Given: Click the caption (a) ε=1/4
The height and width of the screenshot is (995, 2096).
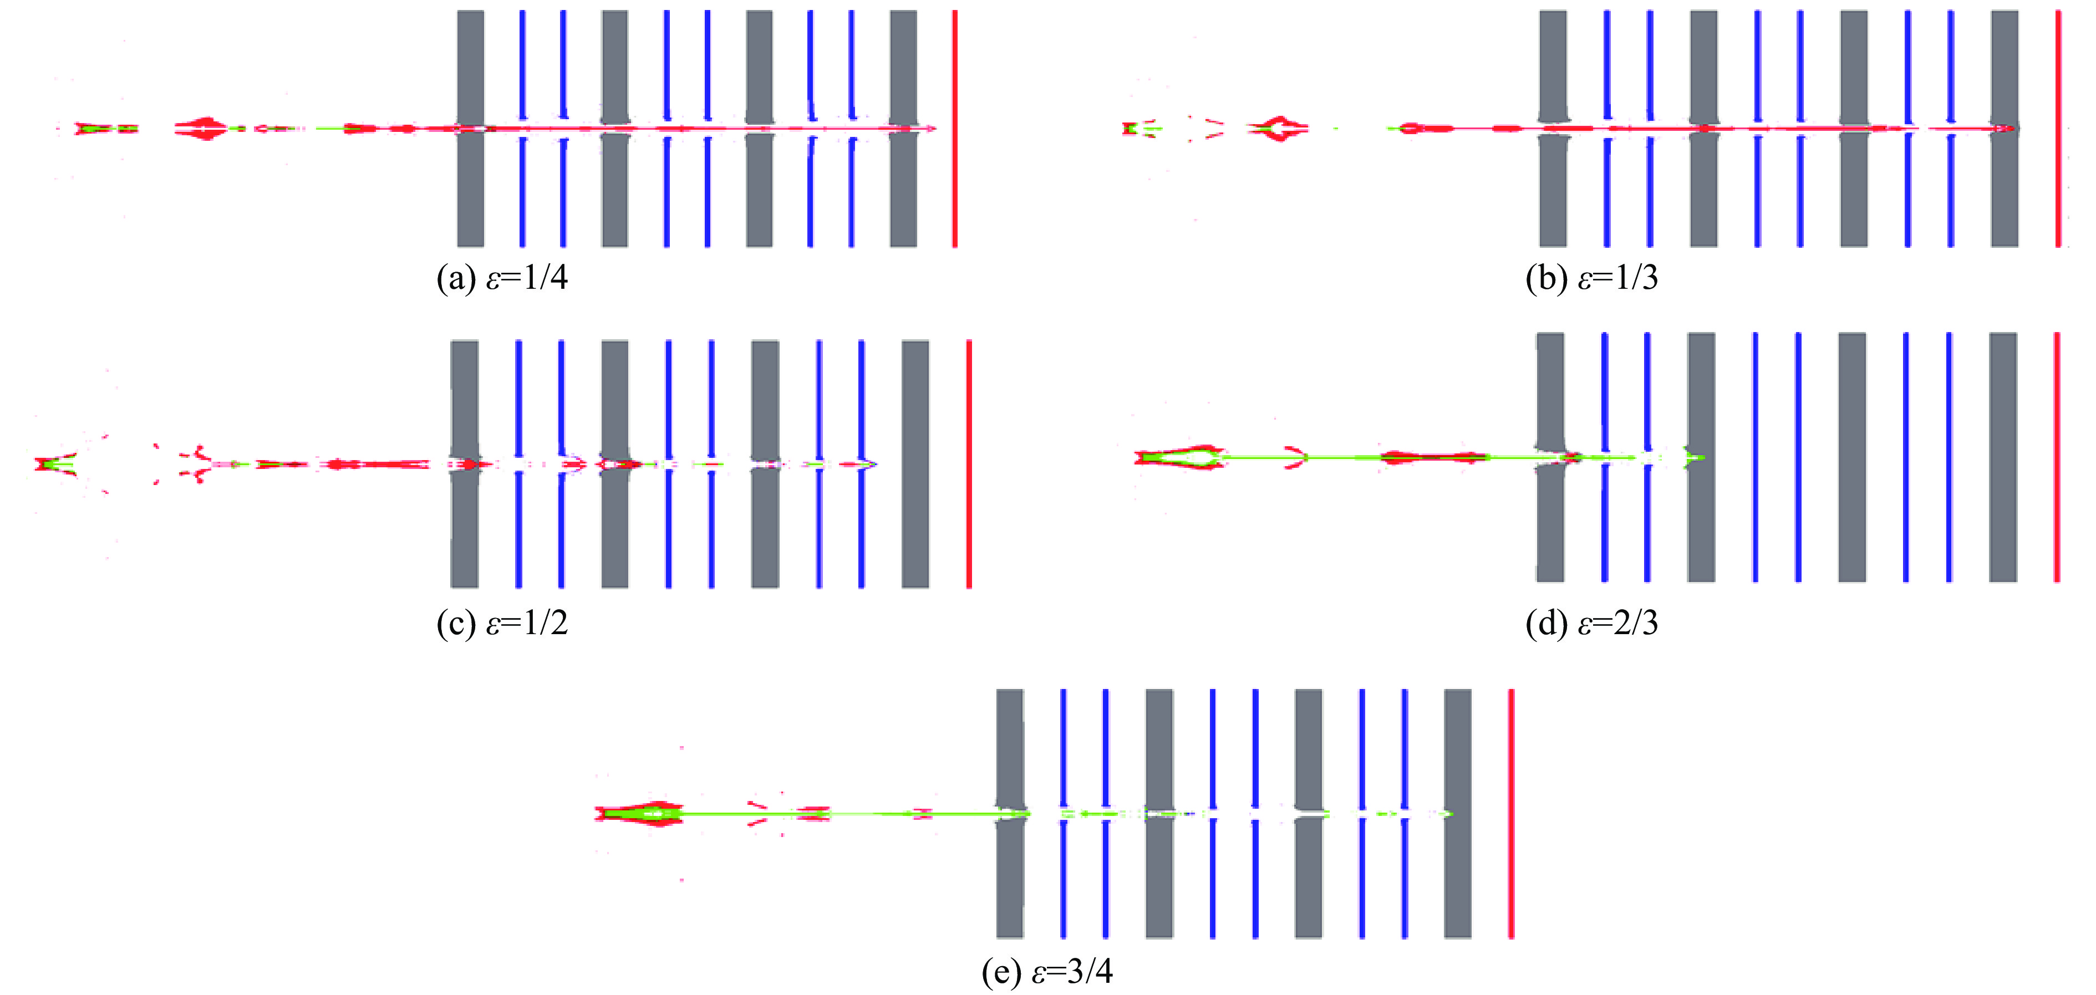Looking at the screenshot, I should (x=502, y=279).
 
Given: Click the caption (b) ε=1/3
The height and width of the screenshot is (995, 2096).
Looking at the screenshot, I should (x=1591, y=279).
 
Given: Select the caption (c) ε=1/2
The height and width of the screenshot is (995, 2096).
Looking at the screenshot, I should (x=502, y=623).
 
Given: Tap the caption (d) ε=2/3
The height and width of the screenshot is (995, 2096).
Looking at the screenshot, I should (x=1591, y=623).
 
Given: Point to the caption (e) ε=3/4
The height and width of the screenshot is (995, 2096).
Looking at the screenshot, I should (x=1047, y=971).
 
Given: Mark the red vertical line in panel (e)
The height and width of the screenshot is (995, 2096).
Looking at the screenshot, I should (x=1511, y=879).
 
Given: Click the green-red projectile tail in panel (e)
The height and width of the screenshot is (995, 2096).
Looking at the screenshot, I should (x=639, y=814).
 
